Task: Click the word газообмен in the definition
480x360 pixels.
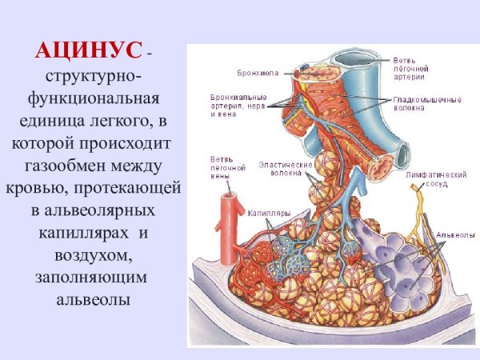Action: (x=69, y=167)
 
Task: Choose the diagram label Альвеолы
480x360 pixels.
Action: (x=450, y=235)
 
